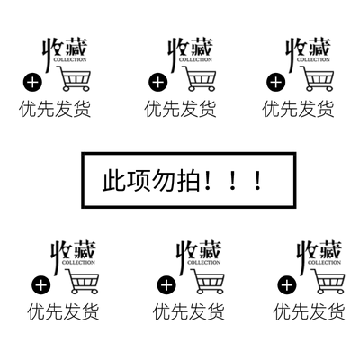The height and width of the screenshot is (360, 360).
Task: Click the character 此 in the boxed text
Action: tap(113, 181)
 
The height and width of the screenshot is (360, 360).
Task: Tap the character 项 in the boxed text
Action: tap(139, 181)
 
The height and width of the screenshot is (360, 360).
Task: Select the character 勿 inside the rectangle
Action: tap(163, 181)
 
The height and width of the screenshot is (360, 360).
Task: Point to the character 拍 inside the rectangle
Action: tap(188, 181)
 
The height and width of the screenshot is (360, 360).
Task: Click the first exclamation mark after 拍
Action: tap(207, 180)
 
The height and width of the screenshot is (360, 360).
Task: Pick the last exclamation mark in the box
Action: tap(257, 180)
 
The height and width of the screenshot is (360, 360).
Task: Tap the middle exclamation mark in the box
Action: tap(232, 180)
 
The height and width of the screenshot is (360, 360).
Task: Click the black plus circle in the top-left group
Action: tap(33, 82)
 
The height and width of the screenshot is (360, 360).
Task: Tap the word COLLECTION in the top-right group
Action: tap(313, 59)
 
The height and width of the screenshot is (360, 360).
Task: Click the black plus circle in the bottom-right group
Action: tap(287, 285)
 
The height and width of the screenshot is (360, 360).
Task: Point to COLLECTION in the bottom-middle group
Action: tap(204, 263)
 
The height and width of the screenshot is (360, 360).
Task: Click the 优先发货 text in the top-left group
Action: tap(55, 109)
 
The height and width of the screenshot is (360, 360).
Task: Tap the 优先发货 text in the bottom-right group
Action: tap(309, 311)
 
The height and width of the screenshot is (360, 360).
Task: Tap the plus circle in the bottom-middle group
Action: tap(166, 285)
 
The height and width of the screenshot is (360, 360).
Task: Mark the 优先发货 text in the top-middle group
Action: tap(180, 109)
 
